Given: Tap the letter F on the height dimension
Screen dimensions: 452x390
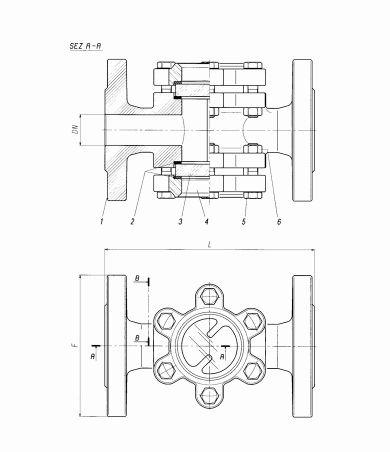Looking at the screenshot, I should pos(75,346).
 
